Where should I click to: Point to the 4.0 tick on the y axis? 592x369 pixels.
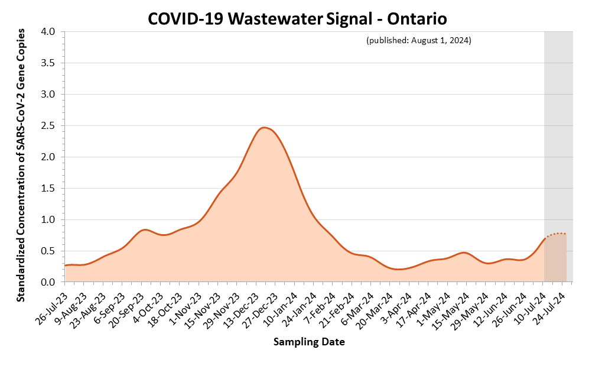tap(50, 31)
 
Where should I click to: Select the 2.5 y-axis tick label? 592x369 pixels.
tap(50, 125)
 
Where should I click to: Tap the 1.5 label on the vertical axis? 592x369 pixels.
tap(50, 188)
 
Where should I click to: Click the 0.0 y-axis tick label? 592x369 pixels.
tap(50, 282)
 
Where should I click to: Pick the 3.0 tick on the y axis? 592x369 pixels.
tap(50, 94)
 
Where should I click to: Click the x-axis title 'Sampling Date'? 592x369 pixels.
tap(309, 342)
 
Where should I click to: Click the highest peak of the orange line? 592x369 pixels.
tap(264, 127)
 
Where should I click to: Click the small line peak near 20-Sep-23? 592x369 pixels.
tap(145, 229)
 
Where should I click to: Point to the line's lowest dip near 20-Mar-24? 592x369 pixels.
tap(400, 269)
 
